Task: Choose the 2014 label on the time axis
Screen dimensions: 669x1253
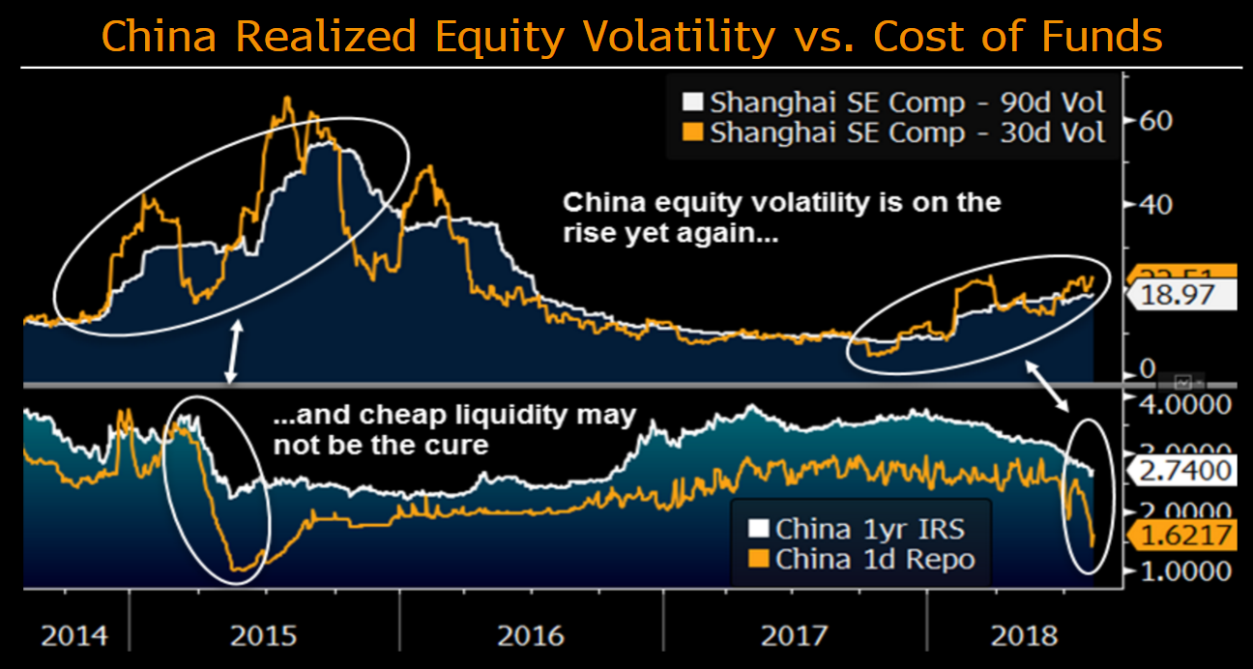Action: click(73, 636)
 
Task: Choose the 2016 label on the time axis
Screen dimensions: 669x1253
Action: click(530, 636)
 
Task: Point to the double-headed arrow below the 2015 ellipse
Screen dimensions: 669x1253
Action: click(233, 354)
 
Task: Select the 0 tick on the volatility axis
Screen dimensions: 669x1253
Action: click(1147, 368)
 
